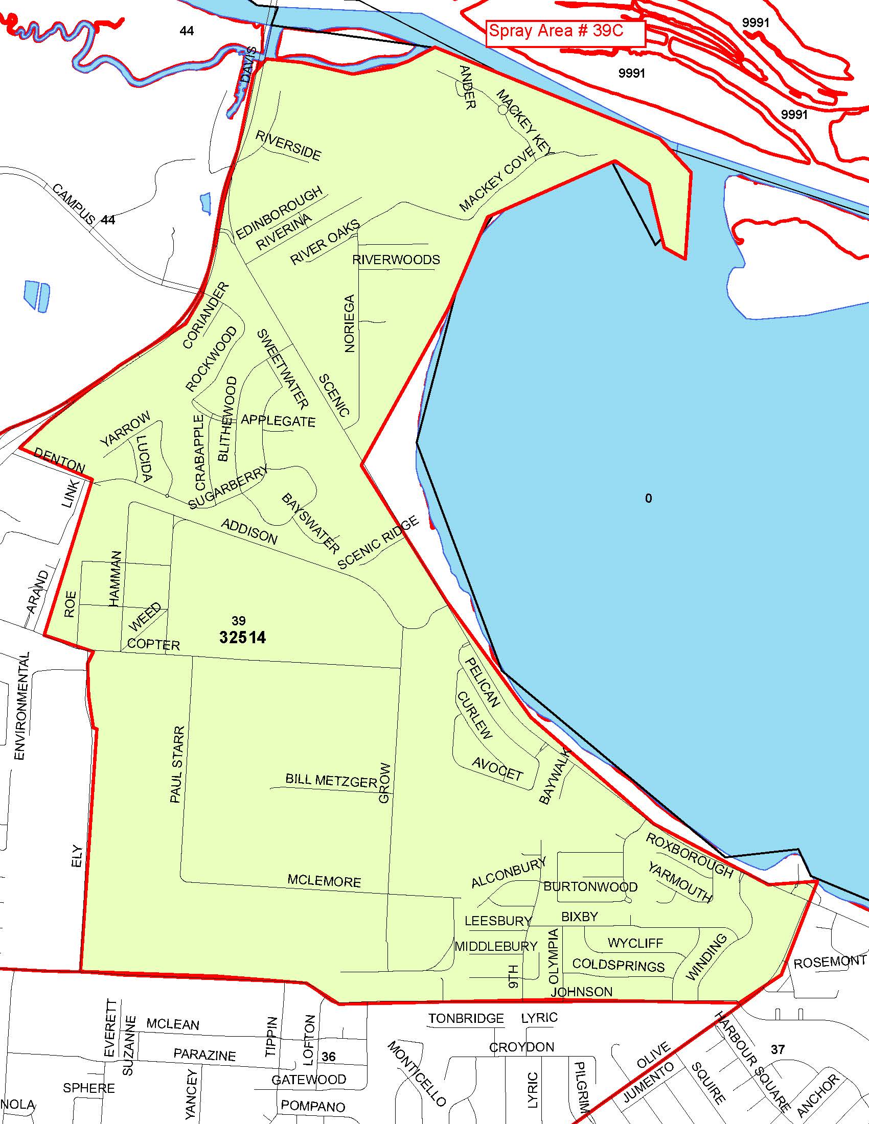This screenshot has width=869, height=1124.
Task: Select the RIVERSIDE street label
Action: point(288,146)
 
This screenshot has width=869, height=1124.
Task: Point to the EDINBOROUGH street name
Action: point(280,213)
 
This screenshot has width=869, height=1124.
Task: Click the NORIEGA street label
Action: point(350,323)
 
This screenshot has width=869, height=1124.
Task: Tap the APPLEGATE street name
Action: point(278,421)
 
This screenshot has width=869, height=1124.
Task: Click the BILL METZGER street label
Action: point(331,781)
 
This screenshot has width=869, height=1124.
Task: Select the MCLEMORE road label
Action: point(324,881)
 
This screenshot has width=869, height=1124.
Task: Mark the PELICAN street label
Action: point(483,683)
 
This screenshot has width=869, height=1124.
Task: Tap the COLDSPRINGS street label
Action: point(619,965)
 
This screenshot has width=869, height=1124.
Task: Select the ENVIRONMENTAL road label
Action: point(20,706)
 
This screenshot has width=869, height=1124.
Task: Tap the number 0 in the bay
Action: point(648,498)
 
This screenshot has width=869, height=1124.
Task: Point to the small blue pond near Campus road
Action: point(37,295)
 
